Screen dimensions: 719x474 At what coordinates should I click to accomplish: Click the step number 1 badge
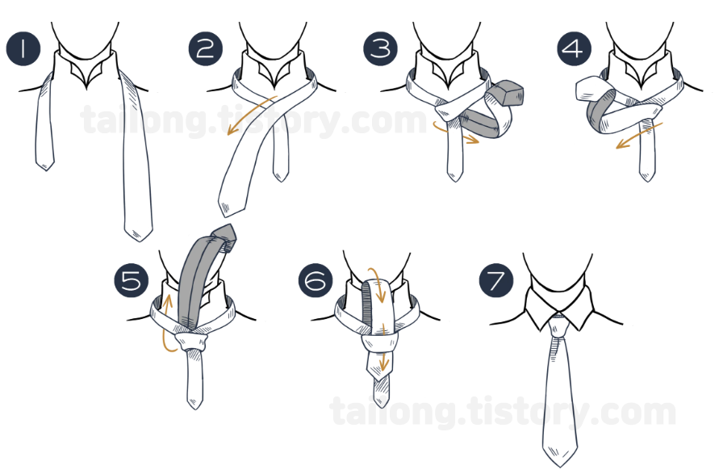click(23, 48)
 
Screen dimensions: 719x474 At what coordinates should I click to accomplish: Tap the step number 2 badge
click(206, 48)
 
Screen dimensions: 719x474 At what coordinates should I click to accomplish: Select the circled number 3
click(381, 48)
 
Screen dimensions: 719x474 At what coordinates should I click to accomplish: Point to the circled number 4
click(574, 48)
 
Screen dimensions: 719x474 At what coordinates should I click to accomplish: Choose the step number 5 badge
click(132, 279)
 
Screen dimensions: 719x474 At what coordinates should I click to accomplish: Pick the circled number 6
click(316, 279)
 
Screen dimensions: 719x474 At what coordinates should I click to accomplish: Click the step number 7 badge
click(496, 279)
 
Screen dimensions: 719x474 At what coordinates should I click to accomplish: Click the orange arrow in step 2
click(250, 115)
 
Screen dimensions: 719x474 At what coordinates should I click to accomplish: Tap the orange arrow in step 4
click(639, 136)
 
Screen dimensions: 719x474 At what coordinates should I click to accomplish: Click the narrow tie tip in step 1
click(45, 164)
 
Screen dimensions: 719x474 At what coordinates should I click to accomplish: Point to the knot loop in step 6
click(378, 343)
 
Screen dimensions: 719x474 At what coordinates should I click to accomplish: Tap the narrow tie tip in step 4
click(647, 177)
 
